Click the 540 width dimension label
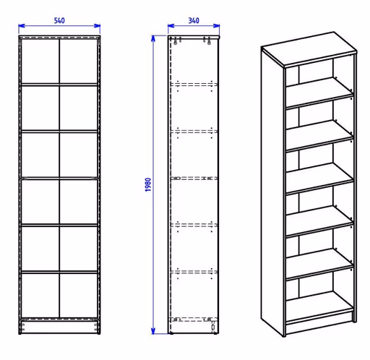click(59, 20)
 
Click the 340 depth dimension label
click(194, 20)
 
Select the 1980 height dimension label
click(148, 185)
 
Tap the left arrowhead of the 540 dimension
click(22, 25)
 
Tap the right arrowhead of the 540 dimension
click(98, 25)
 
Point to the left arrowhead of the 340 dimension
click(171, 25)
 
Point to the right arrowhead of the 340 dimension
click(216, 25)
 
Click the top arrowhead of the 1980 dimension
click(153, 38)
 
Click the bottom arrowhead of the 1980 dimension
click(153, 331)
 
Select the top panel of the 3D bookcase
click(309, 48)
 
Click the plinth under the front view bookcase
click(59, 327)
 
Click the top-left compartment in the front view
click(40, 61)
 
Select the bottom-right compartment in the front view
click(79, 296)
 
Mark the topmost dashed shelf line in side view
click(194, 85)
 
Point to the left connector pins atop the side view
click(178, 41)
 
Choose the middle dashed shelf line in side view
click(194, 179)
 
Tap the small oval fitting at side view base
click(213, 327)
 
